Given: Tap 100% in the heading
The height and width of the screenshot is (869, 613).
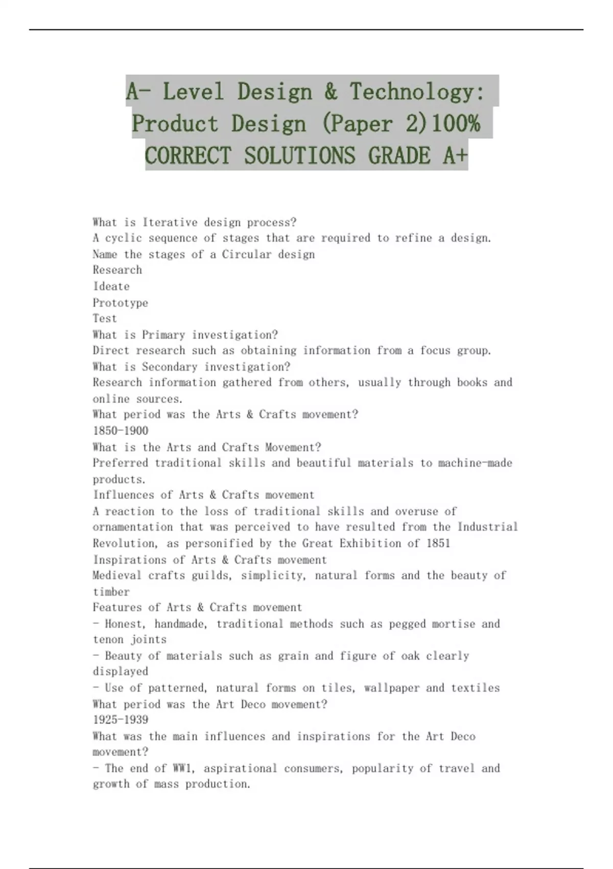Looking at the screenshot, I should pos(455,124).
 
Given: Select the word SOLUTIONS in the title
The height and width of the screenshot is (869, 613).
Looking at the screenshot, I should pos(299,155).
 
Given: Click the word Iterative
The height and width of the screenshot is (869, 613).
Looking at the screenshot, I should pos(170,222).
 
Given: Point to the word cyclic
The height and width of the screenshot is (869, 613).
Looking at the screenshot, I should pos(123,238).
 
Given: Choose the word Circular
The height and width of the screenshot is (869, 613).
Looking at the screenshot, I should pos(247,254).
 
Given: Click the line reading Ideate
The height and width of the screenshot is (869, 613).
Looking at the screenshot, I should pos(111,286).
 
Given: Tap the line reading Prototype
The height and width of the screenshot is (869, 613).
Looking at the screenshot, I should pos(120,303).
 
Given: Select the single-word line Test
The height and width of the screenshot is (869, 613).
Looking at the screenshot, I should pos(105,318).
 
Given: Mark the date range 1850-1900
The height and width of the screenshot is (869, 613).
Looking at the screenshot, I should pos(120,431).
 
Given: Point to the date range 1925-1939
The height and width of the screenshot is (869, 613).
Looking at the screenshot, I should pos(120,720).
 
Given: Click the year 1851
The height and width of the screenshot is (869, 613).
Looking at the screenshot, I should pos(438,543).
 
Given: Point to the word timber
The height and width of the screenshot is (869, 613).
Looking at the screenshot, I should pos(111,591).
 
